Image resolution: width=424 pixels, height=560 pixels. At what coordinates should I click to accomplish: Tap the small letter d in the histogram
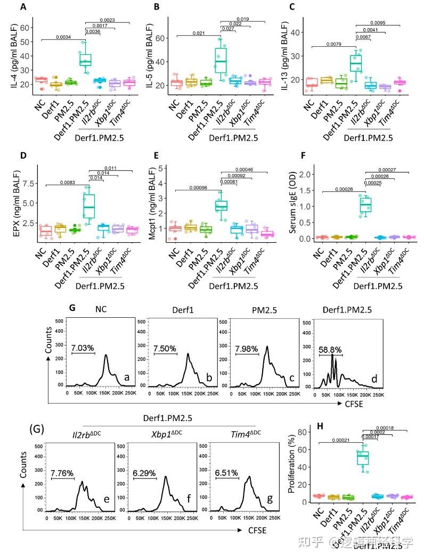point(374,379)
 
